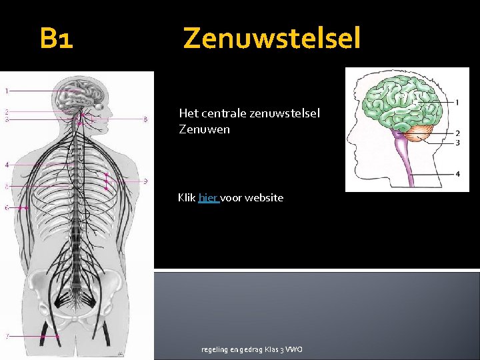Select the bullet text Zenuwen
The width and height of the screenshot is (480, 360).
point(204,129)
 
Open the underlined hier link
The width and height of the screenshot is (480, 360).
point(209,197)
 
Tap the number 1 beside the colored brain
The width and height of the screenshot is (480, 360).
point(457,102)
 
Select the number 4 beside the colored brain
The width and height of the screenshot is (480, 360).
point(457,174)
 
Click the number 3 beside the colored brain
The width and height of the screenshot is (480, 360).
point(457,143)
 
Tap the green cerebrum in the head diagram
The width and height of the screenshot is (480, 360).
point(393,100)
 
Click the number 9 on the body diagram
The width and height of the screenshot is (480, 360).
point(145,181)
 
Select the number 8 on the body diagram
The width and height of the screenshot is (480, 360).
point(145,120)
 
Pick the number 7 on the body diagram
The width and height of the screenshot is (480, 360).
point(7,336)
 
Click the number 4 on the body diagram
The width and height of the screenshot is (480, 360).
point(7,164)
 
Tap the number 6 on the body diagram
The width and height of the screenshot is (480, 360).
point(7,208)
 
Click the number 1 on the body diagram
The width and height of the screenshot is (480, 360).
point(7,90)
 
